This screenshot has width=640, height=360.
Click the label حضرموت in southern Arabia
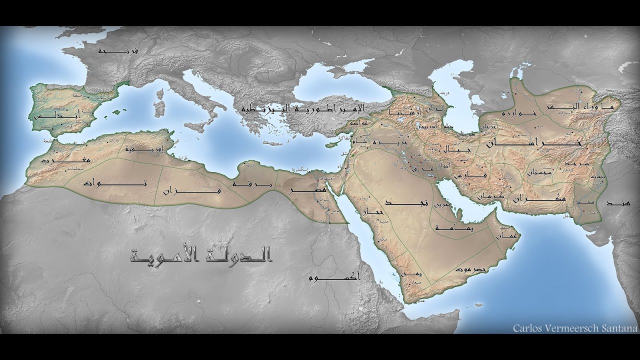tap(470, 268)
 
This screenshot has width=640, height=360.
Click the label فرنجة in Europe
tap(119, 50)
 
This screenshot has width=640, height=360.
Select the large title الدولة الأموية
tap(200, 256)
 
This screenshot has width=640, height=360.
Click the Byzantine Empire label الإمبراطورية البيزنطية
tap(303, 108)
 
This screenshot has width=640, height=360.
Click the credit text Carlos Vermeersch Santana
tap(575, 328)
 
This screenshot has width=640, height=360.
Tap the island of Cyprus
tap(332, 144)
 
